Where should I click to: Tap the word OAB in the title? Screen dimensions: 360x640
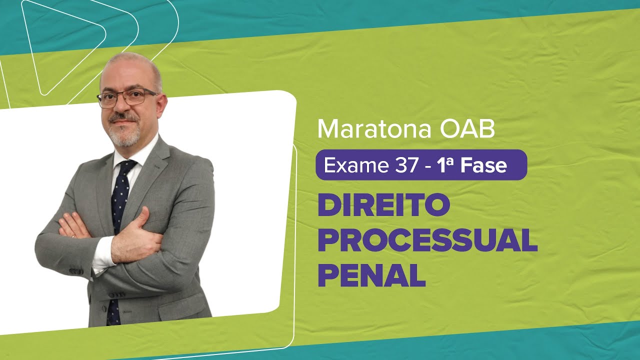point(468,129)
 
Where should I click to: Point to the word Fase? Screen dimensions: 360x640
point(484,165)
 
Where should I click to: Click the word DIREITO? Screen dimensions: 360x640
point(384,207)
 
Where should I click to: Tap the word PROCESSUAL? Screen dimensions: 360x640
point(427,242)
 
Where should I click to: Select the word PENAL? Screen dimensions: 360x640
point(371,276)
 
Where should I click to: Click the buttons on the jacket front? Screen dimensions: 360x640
point(116,295)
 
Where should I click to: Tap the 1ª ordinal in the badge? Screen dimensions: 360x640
point(446,165)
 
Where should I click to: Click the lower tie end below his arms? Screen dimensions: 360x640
point(113,312)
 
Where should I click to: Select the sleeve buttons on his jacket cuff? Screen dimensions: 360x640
point(76,271)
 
